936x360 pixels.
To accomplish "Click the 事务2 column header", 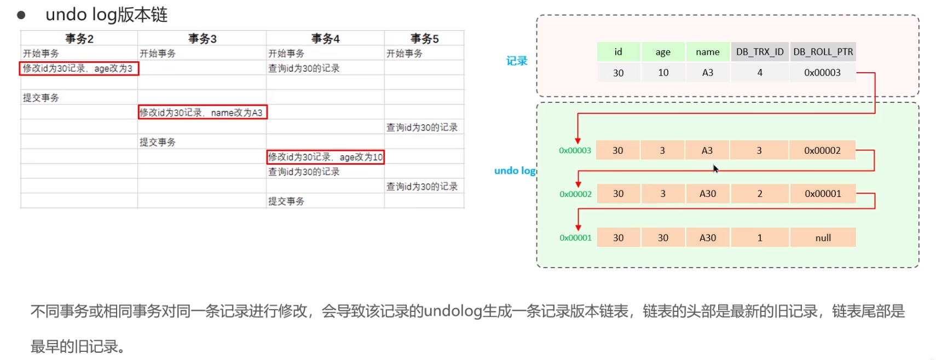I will [79, 39].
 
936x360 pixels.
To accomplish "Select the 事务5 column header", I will [424, 39].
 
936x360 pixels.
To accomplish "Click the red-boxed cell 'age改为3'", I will [79, 68].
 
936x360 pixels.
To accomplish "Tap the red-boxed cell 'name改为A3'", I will [202, 113].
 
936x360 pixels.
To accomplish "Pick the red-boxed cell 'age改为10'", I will [325, 157].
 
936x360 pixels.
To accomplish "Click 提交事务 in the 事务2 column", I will [41, 98].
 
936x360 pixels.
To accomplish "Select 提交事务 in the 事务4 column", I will [286, 201].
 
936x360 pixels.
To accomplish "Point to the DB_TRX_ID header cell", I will [760, 52].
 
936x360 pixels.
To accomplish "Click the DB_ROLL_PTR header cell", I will [823, 52].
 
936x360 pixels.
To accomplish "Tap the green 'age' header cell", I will [663, 52].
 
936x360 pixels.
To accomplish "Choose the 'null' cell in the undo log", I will [823, 238].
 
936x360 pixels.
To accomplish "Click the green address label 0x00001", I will [575, 238].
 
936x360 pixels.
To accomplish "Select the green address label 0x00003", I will [575, 150].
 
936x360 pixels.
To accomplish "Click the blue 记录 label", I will [517, 61].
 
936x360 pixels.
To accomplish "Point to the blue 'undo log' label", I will [515, 171].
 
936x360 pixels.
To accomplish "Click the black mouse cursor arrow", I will [715, 169].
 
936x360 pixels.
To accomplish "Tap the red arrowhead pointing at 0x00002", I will [578, 184].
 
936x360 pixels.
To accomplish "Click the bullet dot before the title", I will [21, 15].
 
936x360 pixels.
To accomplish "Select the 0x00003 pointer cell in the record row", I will [822, 73].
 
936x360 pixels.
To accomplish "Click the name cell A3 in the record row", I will [708, 73].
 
